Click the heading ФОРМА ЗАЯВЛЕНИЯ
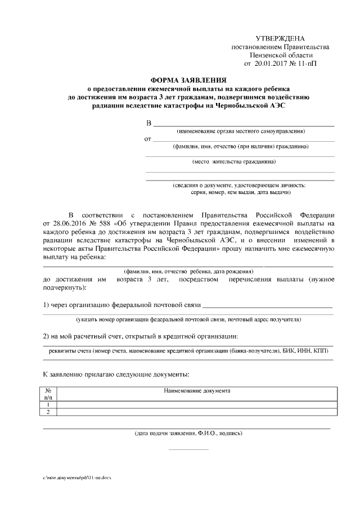(x=184, y=80)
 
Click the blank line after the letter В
(x=244, y=124)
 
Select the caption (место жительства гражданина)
(x=234, y=162)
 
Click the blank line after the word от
(x=244, y=139)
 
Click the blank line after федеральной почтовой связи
(x=267, y=307)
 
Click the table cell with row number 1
(x=48, y=404)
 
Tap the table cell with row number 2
(x=48, y=412)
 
